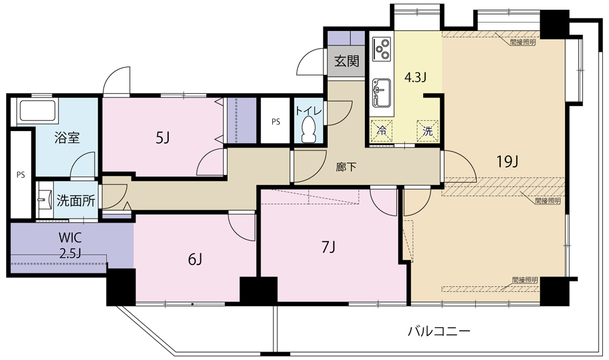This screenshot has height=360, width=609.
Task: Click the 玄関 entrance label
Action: (345, 62)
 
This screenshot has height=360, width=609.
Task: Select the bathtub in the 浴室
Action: (38, 111)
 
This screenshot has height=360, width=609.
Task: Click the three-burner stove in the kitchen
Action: (382, 49)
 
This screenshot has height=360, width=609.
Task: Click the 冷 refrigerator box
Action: (382, 130)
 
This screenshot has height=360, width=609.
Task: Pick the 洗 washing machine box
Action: (428, 130)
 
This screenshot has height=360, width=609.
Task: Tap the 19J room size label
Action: (507, 161)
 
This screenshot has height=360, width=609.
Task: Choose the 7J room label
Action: (328, 247)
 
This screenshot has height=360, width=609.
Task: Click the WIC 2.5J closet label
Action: (71, 244)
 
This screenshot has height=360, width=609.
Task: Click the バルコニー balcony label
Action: (438, 332)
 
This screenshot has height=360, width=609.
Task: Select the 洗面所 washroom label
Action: (76, 201)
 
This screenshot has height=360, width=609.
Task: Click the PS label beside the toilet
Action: (276, 121)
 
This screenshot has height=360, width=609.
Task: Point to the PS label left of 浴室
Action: (21, 175)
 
